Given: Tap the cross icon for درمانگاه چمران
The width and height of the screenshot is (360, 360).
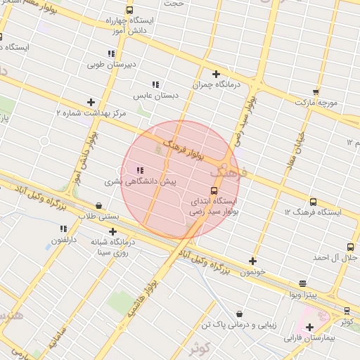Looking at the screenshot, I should (216, 74).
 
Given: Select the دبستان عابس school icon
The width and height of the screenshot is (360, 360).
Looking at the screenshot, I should (155, 84).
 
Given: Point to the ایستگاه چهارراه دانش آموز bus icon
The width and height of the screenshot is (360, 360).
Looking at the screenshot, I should (129, 10).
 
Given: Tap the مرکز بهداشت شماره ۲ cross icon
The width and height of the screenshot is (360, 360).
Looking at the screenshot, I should (91, 102).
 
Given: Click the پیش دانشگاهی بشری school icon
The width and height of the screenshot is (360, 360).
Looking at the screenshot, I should (139, 170).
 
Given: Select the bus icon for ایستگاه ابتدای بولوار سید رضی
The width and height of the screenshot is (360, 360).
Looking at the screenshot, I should (214, 191).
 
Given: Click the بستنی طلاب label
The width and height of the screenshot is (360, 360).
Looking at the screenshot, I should (98, 217).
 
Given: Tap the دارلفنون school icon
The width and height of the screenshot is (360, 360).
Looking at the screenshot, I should (63, 229).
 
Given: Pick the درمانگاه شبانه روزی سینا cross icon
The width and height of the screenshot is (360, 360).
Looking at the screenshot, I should (112, 231).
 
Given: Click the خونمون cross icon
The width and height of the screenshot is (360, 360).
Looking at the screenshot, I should (252, 261).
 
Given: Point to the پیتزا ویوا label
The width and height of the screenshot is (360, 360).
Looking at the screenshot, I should (302, 294).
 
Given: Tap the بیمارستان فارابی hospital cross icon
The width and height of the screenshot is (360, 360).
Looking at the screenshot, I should (309, 327).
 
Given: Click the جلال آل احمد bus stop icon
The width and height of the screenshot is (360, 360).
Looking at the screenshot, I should (350, 247).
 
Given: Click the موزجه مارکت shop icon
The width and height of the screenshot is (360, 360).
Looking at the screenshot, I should (316, 92).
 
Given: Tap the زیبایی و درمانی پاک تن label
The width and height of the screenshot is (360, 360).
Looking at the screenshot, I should (240, 325).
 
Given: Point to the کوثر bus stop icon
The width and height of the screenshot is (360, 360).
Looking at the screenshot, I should (347, 311).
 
